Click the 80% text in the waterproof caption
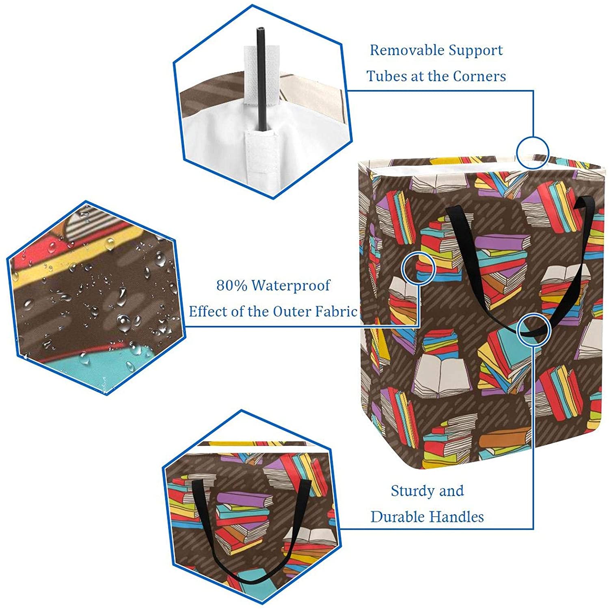231,286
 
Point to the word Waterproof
291,286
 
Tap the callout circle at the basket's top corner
532,153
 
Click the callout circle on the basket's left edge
418,268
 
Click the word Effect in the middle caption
207,312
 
